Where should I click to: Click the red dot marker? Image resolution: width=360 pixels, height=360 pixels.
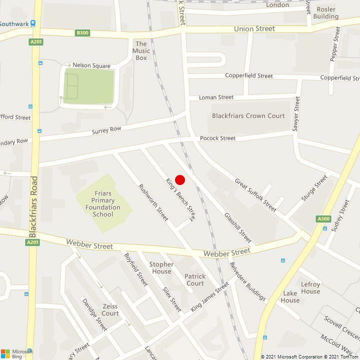(x=180, y=180)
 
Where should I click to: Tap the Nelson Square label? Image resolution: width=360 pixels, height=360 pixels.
(x=91, y=65)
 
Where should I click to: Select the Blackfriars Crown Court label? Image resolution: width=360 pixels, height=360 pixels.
(x=248, y=115)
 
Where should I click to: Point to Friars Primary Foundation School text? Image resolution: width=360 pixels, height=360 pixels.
(x=102, y=204)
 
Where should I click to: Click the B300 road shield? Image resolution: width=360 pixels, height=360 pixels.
(x=82, y=33)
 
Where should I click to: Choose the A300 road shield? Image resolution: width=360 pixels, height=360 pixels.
(x=323, y=219)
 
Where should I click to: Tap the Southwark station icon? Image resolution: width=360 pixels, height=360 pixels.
(x=33, y=23)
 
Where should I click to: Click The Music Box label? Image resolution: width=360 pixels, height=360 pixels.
(x=141, y=51)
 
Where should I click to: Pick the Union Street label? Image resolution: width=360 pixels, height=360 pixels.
(x=254, y=29)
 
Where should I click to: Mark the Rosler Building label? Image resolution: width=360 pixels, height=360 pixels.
(x=325, y=12)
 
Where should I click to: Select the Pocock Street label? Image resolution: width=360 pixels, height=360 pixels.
(x=217, y=138)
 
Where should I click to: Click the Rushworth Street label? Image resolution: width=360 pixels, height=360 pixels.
(x=153, y=202)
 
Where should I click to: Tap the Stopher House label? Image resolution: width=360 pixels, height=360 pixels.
(x=161, y=268)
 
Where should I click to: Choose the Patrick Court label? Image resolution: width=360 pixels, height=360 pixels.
(x=194, y=280)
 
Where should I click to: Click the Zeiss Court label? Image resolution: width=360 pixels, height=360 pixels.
(x=110, y=310)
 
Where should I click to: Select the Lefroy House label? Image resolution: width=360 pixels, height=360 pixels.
(x=310, y=288)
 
